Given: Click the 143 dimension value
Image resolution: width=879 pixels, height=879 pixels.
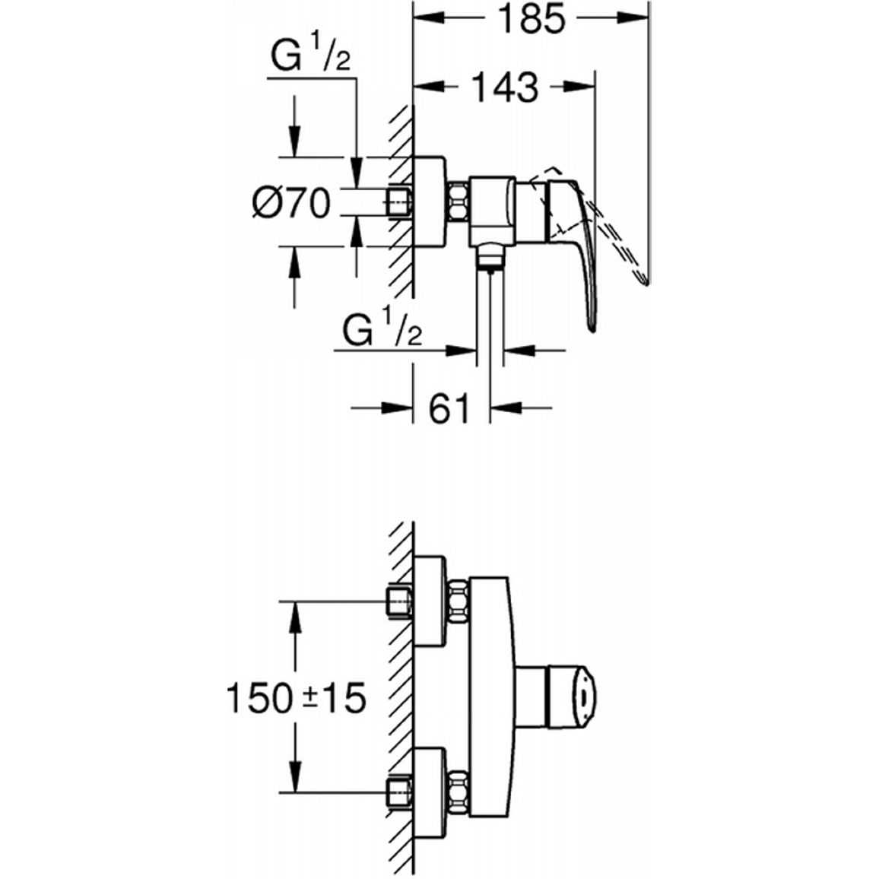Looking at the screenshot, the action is pyautogui.click(x=505, y=87).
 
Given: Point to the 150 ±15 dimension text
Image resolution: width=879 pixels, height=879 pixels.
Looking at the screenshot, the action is pyautogui.click(x=296, y=698).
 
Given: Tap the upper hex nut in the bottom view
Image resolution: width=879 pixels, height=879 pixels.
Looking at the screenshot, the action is pyautogui.click(x=458, y=602).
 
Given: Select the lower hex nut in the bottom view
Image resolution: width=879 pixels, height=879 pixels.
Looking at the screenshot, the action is pyautogui.click(x=458, y=792).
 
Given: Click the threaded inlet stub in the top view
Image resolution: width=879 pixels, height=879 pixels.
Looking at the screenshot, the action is pyautogui.click(x=398, y=202).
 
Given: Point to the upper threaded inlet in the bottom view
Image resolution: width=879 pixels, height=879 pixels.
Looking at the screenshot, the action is pyautogui.click(x=398, y=603).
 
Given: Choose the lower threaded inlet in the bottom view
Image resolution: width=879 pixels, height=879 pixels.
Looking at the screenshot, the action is pyautogui.click(x=398, y=792).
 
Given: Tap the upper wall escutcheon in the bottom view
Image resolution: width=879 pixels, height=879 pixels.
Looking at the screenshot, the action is pyautogui.click(x=430, y=602).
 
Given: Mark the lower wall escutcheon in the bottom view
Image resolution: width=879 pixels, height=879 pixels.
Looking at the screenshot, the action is pyautogui.click(x=430, y=792).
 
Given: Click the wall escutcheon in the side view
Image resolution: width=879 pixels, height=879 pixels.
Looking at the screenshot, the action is pyautogui.click(x=430, y=202).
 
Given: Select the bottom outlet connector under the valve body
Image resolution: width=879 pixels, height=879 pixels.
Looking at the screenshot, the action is pyautogui.click(x=490, y=257).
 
